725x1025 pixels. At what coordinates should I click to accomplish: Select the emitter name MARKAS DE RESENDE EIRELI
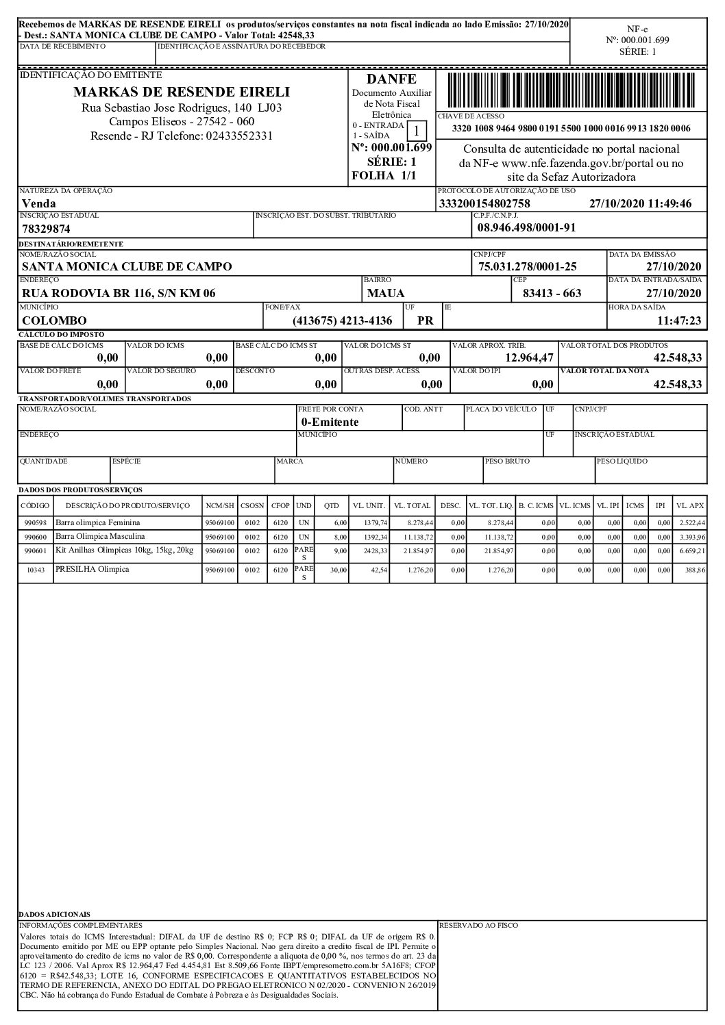pyautogui.click(x=182, y=92)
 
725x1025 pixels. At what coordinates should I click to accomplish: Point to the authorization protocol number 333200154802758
pyautogui.click(x=484, y=203)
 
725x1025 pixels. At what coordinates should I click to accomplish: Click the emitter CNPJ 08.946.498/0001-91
pyautogui.click(x=526, y=228)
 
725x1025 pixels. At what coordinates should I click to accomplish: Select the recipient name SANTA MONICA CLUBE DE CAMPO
pyautogui.click(x=127, y=266)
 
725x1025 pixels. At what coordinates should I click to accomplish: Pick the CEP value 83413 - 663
pyautogui.click(x=551, y=293)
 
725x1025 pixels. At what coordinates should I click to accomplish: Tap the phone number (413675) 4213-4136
pyautogui.click(x=342, y=320)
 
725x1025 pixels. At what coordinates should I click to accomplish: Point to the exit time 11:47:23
pyautogui.click(x=679, y=320)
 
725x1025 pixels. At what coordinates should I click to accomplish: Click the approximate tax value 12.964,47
pyautogui.click(x=529, y=357)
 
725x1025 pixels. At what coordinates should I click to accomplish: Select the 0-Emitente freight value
pyautogui.click(x=330, y=422)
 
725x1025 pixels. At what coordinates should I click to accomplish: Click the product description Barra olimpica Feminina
pyautogui.click(x=97, y=522)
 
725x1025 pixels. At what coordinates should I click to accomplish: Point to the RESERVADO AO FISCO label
pyautogui.click(x=478, y=925)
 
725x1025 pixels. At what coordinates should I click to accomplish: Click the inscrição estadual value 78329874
pyautogui.click(x=46, y=229)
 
